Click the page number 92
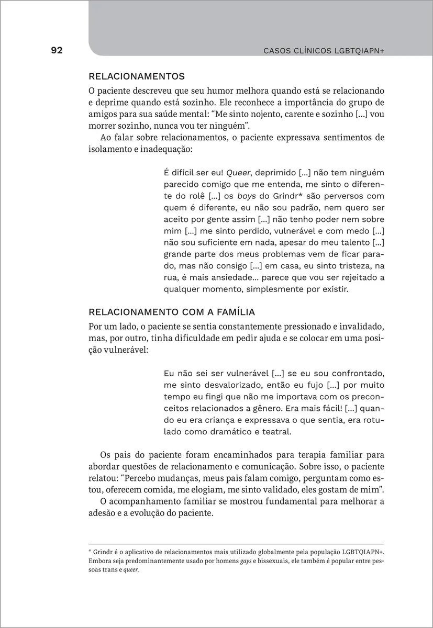[x=57, y=51]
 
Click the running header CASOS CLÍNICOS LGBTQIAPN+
[x=324, y=51]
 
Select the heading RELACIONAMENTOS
[x=137, y=76]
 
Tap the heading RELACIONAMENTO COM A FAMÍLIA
[x=172, y=312]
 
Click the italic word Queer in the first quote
[x=239, y=173]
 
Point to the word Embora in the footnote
[x=99, y=562]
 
